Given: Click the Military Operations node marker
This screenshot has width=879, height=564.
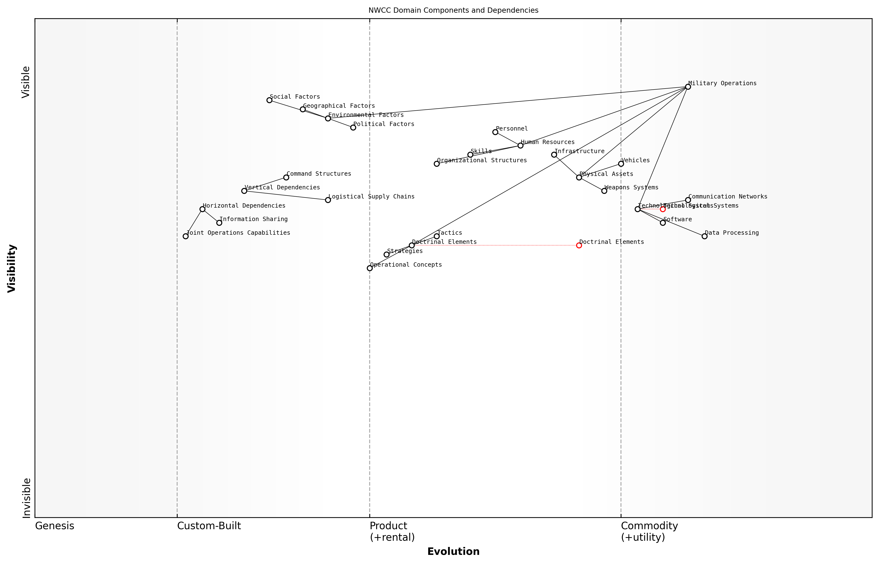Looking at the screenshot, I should click(x=688, y=87).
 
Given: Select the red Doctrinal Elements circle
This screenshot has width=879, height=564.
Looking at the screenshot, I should click(x=579, y=245).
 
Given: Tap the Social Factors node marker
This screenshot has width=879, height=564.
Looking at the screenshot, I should click(x=269, y=100).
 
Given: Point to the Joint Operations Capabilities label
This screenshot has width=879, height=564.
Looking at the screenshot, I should click(x=238, y=233).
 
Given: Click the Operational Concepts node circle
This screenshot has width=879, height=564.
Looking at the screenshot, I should click(x=370, y=268).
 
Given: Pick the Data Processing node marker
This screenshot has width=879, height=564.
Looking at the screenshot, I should click(x=704, y=236).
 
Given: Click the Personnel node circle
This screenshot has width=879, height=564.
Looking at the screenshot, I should click(x=495, y=132).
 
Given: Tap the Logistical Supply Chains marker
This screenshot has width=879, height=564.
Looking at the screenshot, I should click(x=328, y=200).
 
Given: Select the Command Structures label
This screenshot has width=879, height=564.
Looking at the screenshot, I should click(x=319, y=174).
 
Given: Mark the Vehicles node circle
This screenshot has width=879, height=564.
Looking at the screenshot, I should click(x=621, y=164).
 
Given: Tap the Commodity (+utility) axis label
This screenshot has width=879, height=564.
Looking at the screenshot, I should click(x=649, y=531).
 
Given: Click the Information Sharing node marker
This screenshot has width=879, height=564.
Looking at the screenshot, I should click(x=219, y=223).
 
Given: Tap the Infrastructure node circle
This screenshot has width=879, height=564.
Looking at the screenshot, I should click(x=554, y=155).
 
